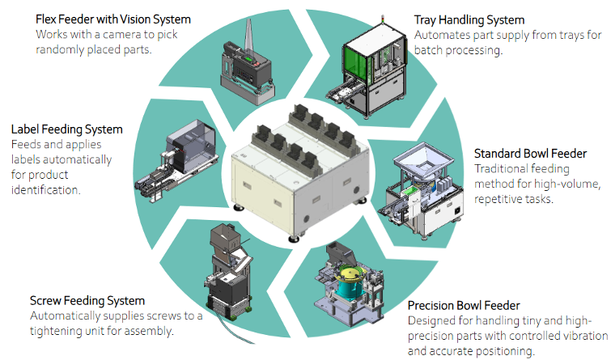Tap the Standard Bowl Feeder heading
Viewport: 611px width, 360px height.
pyautogui.click(x=529, y=153)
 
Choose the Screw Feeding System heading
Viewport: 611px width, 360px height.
pyautogui.click(x=87, y=300)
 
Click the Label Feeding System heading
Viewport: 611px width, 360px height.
pyautogui.click(x=66, y=129)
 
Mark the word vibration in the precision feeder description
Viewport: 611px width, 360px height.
pyautogui.click(x=581, y=336)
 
